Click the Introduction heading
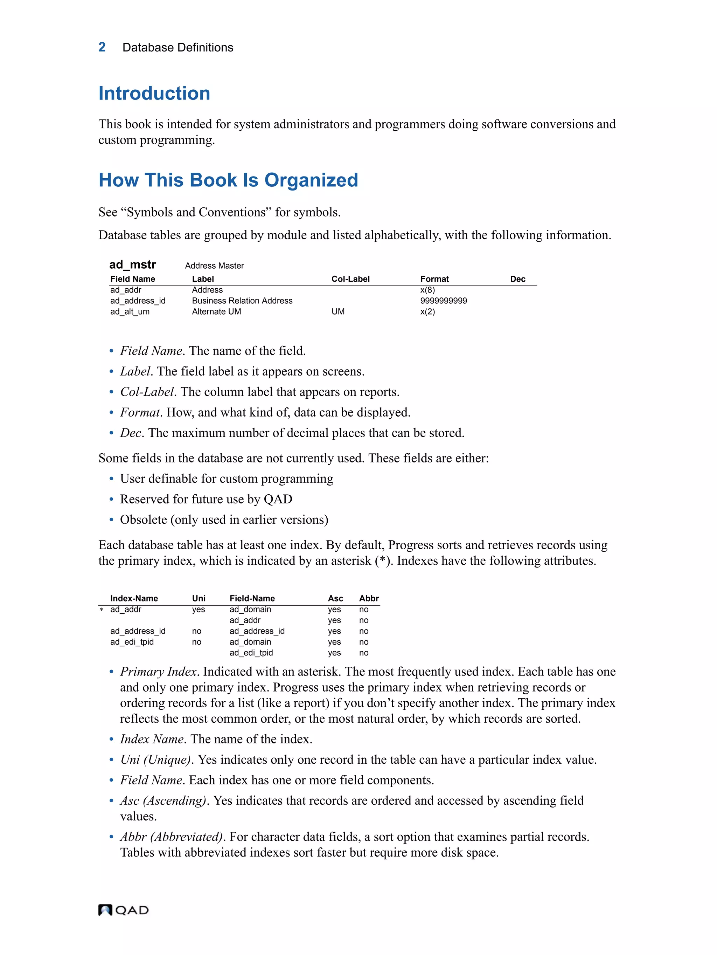[x=154, y=93]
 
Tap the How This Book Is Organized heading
[x=228, y=180]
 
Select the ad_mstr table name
[x=132, y=264]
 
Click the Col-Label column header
[x=350, y=279]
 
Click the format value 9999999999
[x=443, y=301]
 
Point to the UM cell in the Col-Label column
[x=338, y=311]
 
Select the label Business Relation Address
[x=242, y=301]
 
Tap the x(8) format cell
[x=427, y=290]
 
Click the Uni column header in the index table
[x=199, y=598]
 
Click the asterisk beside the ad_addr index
[x=102, y=610]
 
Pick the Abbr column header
[x=369, y=598]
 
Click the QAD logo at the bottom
[x=123, y=910]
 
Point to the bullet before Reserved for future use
[x=111, y=500]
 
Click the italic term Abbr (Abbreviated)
[x=171, y=837]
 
